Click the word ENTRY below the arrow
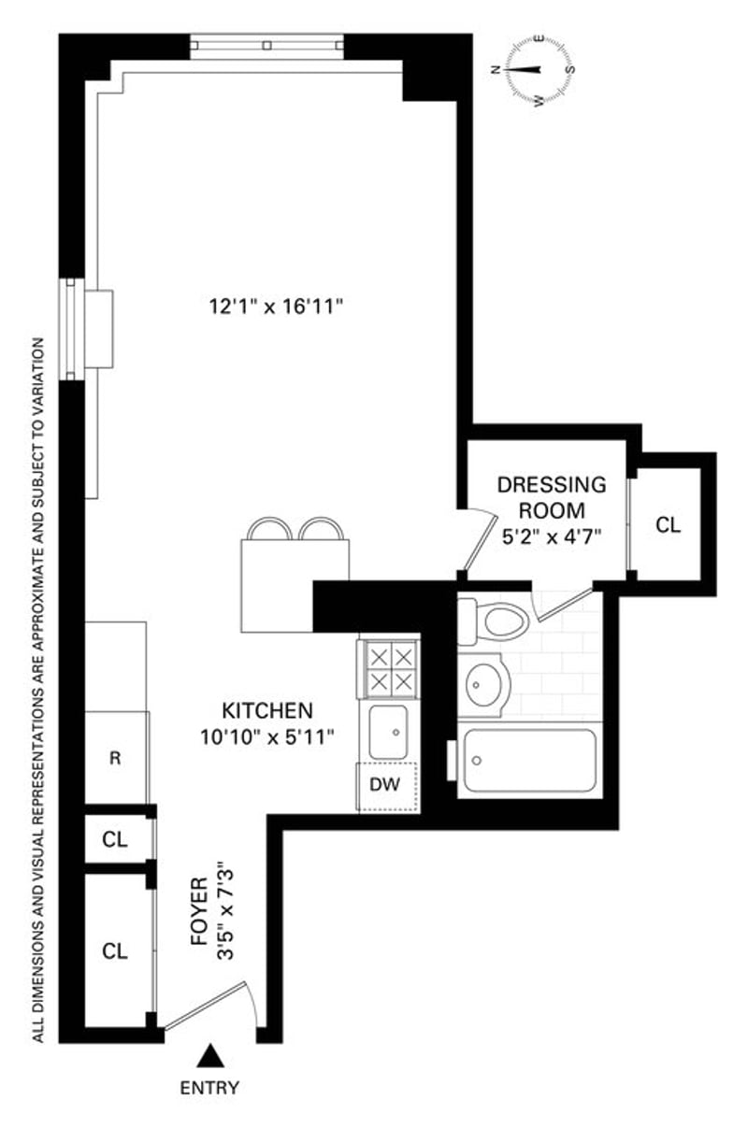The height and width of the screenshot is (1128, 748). (x=209, y=1087)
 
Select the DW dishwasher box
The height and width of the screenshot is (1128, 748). (x=385, y=785)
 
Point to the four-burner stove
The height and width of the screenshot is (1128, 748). (x=390, y=667)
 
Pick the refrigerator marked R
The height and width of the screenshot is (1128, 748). (x=115, y=758)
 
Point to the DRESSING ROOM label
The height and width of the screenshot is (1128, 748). (x=552, y=498)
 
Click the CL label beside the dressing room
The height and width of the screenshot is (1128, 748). (x=669, y=525)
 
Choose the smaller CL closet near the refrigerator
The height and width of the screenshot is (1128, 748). (x=115, y=839)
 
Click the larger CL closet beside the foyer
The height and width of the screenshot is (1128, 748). (x=115, y=951)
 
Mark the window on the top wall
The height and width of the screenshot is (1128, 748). (x=266, y=45)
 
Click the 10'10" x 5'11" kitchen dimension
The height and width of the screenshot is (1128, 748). (x=266, y=736)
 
